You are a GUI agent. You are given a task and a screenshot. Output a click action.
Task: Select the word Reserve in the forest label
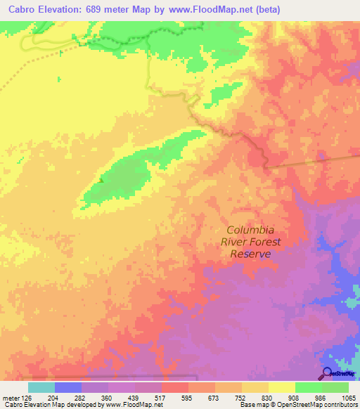point(250,254)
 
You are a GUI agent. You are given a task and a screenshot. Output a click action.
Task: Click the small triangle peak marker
point(101,180)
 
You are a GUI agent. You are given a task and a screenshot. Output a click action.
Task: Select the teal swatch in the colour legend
point(41,387)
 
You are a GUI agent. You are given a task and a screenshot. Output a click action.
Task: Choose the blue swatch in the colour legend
point(67,387)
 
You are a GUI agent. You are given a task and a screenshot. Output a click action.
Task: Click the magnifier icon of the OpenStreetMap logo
point(326,373)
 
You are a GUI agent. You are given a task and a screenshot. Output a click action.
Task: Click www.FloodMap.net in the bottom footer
point(133,405)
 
